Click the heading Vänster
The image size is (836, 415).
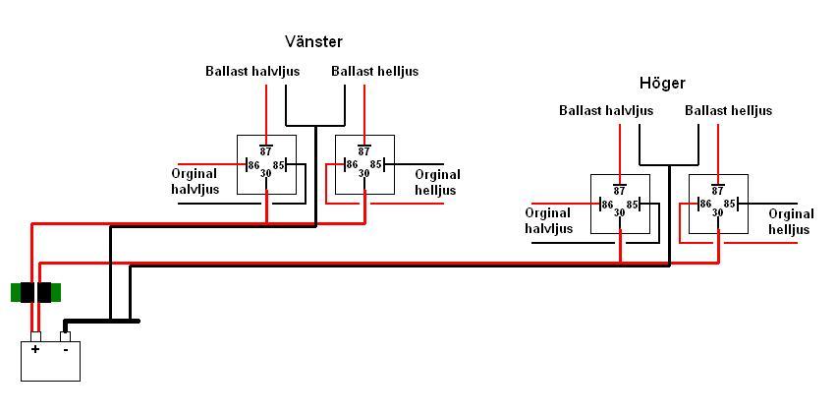pos(313,41)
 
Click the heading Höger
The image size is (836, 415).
pos(661,83)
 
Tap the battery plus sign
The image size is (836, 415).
pos(35,349)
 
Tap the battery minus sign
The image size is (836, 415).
pos(65,349)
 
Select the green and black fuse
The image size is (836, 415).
pos(35,292)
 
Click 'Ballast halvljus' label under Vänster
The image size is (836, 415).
pos(252,71)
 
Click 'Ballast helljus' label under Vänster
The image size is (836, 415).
pos(374,71)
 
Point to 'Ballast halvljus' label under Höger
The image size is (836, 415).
pos(606,110)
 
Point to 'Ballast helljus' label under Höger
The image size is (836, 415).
pos(728,110)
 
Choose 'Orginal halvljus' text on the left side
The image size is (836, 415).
pos(195,182)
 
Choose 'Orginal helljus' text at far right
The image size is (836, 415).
pos(791,221)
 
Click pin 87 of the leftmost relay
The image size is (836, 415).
pos(266,151)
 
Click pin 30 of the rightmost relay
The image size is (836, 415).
pos(718,212)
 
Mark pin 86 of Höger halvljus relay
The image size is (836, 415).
pos(607,205)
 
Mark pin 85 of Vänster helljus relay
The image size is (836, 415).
pos(377,165)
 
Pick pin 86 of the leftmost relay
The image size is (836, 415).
pos(253,165)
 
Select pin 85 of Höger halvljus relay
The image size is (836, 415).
pos(633,205)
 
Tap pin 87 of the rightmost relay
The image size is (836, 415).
pos(718,191)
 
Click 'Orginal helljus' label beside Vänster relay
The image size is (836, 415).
pos(437,182)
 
